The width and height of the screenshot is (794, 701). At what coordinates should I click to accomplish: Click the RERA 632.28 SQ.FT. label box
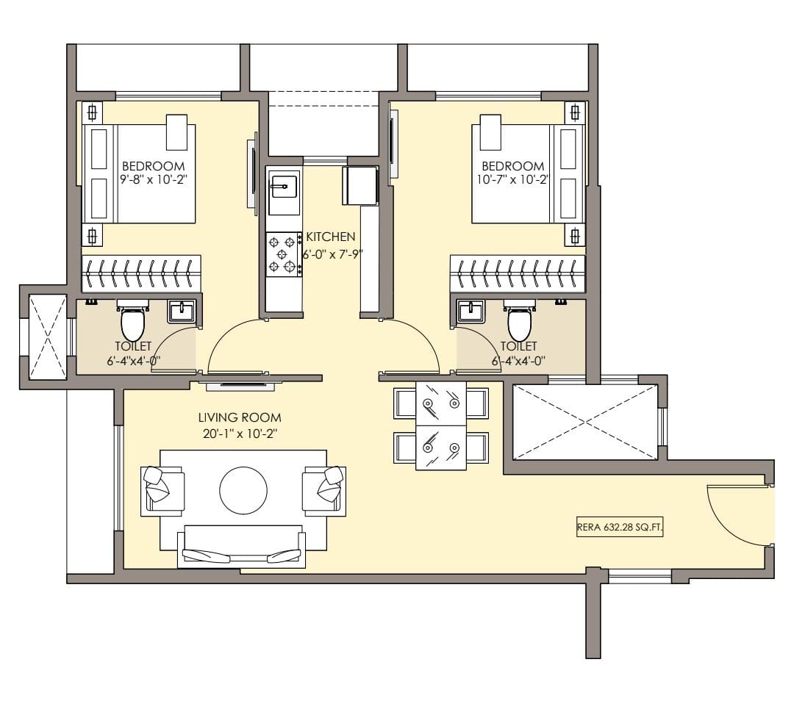point(620,527)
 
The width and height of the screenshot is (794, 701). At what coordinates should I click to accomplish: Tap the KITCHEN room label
point(331,237)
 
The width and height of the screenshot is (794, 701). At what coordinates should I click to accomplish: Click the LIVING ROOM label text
point(240,417)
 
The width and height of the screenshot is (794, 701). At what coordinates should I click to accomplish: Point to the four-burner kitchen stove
point(283,254)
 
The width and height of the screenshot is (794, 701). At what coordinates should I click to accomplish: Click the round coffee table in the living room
point(243,490)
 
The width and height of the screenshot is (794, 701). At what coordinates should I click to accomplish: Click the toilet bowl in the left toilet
point(132,321)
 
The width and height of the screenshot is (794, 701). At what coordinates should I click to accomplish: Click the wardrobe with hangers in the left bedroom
point(142,273)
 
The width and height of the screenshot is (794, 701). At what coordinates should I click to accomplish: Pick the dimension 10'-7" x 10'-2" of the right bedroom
point(513,179)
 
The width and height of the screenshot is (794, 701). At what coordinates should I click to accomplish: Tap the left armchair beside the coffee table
point(163,490)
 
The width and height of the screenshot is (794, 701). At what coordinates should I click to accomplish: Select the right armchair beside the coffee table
point(325,490)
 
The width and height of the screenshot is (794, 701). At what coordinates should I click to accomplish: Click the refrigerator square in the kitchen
point(360,185)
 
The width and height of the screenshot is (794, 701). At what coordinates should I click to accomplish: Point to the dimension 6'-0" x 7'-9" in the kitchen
point(333,254)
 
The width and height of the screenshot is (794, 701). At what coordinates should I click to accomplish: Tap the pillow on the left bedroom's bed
point(177,132)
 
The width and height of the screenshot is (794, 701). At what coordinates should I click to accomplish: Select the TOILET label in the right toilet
point(518,346)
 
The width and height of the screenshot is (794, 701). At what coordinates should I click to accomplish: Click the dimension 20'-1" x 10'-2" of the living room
point(240,434)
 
